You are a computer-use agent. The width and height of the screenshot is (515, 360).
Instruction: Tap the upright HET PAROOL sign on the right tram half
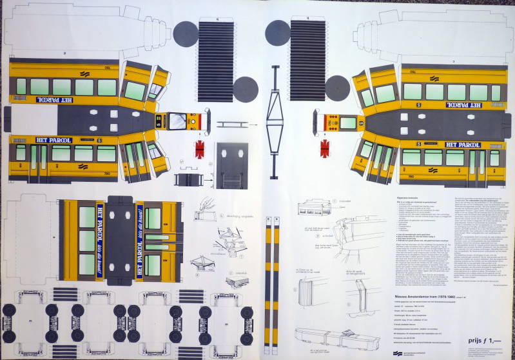[460, 145]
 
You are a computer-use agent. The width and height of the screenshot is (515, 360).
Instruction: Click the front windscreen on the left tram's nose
[177, 120]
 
